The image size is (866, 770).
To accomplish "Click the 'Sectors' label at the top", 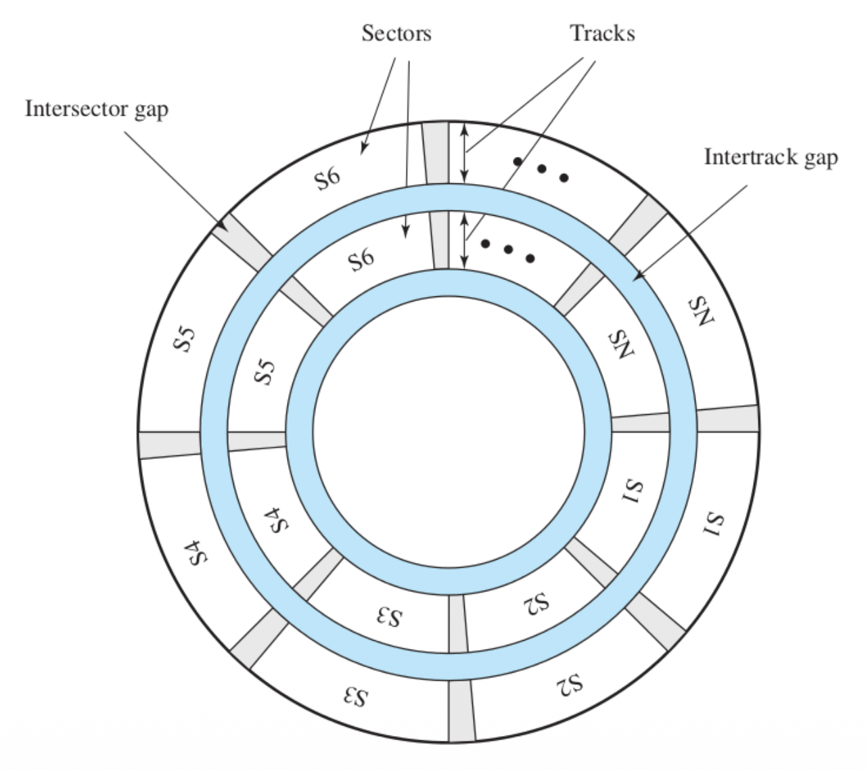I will [x=396, y=33].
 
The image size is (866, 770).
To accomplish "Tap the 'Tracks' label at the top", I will [x=601, y=33].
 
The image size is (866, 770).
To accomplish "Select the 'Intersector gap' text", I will [x=97, y=108].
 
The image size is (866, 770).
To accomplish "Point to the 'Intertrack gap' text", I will [x=771, y=157].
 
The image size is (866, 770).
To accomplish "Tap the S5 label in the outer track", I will [x=185, y=340].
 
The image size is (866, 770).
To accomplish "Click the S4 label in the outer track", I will [x=196, y=553].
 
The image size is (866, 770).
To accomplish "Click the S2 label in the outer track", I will [x=570, y=685].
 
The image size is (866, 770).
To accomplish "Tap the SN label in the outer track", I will [x=702, y=312].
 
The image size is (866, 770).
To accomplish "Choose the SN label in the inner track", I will [x=622, y=345].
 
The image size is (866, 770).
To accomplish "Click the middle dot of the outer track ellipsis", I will [x=541, y=168].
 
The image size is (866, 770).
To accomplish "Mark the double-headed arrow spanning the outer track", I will [x=464, y=152].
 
